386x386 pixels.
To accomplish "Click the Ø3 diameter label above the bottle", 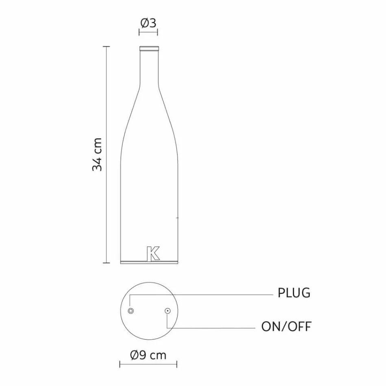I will tap(148, 23).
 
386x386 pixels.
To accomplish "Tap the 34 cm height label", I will tap(97, 154).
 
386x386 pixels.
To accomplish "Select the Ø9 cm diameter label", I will tap(148, 355).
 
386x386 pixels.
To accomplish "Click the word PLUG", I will tap(294, 293).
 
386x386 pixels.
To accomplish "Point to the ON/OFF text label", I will tap(286, 326).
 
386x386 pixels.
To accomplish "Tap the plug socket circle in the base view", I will tap(131, 311).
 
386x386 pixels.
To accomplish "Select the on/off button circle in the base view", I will tap(167, 311).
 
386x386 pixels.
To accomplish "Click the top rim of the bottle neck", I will tap(149, 48).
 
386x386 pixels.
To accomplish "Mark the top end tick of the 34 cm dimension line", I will tap(106, 47).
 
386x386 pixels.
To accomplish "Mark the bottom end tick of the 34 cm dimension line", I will tap(106, 262).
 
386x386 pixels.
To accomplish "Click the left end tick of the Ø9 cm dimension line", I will tap(120, 364).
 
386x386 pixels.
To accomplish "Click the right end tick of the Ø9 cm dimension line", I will tap(178, 364).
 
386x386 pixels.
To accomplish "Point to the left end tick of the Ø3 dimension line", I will tap(140, 33).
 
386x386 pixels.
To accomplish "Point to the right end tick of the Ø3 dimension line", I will tap(158, 33).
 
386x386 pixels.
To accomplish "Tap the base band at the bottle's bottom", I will tap(149, 262).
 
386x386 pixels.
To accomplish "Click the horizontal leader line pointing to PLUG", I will tap(203, 295).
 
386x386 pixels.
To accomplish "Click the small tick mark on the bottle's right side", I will tap(177, 218).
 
